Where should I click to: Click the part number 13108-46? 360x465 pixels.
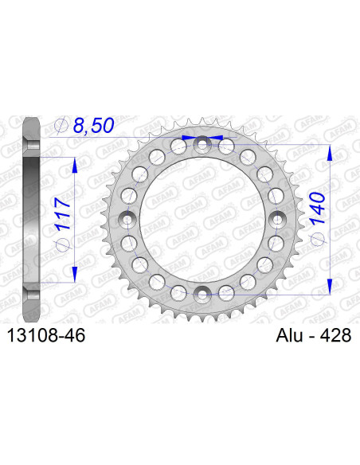click(x=45, y=337)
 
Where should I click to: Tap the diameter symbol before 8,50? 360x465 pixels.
click(x=61, y=125)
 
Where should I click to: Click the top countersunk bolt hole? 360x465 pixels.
click(x=203, y=143)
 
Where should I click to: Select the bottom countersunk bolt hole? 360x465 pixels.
click(x=203, y=295)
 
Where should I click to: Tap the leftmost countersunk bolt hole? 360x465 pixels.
click(x=127, y=219)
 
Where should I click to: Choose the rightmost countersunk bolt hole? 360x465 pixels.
click(x=279, y=219)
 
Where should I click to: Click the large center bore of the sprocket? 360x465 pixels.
click(x=203, y=219)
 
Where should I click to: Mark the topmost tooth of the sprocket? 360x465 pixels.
click(x=203, y=119)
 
